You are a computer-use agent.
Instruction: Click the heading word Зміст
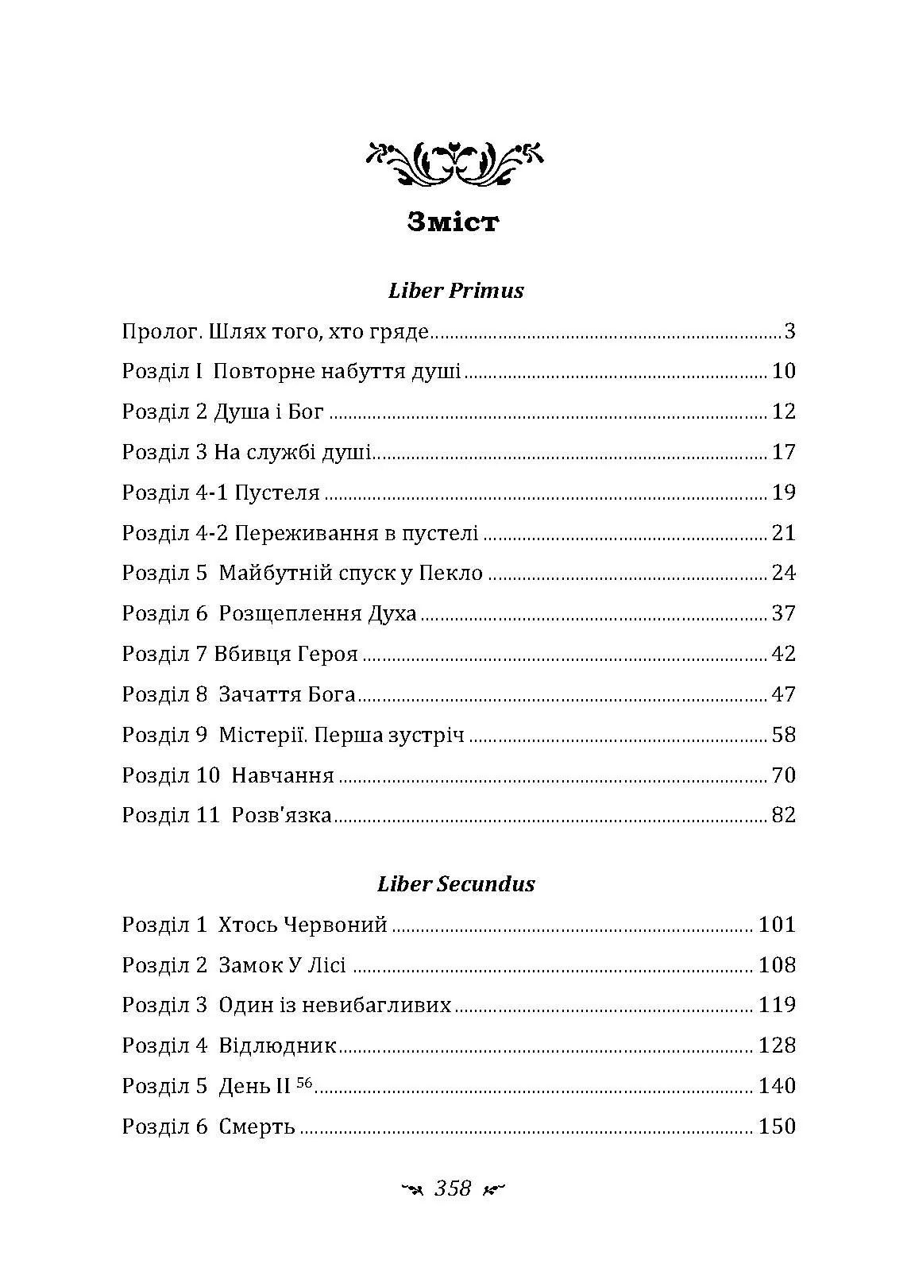click(x=453, y=222)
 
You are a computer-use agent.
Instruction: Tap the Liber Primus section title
click(x=456, y=291)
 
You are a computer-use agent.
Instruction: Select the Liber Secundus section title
click(x=456, y=884)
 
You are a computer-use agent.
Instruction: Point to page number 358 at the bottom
click(x=453, y=1188)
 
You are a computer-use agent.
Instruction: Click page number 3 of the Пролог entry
click(x=789, y=331)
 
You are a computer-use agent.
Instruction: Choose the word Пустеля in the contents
click(x=278, y=493)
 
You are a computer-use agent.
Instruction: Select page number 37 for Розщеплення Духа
click(x=783, y=614)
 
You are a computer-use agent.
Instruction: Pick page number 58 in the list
click(x=783, y=735)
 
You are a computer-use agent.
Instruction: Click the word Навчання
click(x=283, y=775)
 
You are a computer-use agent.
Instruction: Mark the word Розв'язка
click(x=282, y=816)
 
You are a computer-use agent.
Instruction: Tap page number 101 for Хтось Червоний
click(x=777, y=925)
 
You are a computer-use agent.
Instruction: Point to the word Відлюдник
click(x=278, y=1046)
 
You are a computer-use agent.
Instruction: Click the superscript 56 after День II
click(x=305, y=1081)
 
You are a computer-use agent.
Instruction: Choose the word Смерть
click(x=257, y=1127)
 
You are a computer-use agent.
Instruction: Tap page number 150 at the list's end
click(x=777, y=1126)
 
